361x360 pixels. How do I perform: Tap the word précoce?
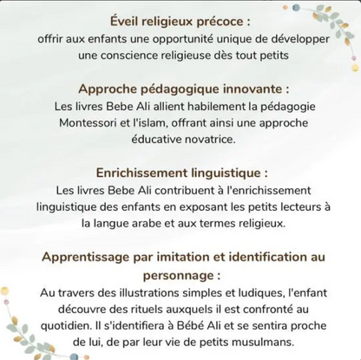223,21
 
